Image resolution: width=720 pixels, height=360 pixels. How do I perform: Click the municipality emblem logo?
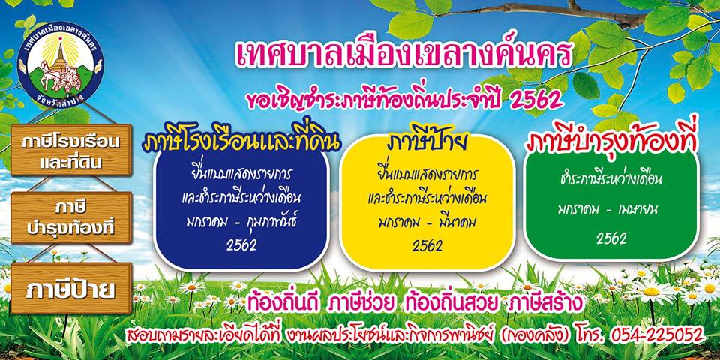pos(60,66)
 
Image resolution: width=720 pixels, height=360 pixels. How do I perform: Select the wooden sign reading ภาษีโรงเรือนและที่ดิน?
pos(71,150)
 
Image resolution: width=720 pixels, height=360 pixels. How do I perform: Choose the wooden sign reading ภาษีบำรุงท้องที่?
pos(71,218)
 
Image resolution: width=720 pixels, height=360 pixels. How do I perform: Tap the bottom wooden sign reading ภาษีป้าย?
pos(71,288)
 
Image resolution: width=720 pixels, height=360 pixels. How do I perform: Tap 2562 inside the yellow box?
pos(427,246)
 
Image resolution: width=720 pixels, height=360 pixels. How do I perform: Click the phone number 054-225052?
pos(657,334)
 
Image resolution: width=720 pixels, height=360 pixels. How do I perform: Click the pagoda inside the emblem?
pos(60,54)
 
